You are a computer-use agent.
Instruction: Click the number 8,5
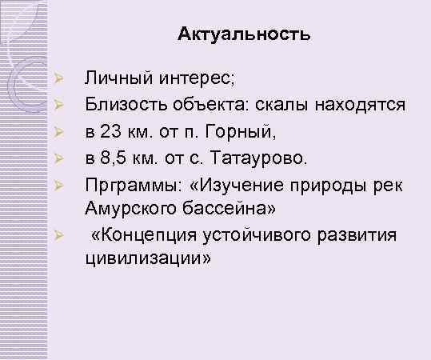pyautogui.click(x=118, y=154)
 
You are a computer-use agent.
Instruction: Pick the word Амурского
pyautogui.click(x=133, y=210)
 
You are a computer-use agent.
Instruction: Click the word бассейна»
pyautogui.click(x=233, y=210)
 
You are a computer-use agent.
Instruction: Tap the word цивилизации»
pyautogui.click(x=148, y=260)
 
